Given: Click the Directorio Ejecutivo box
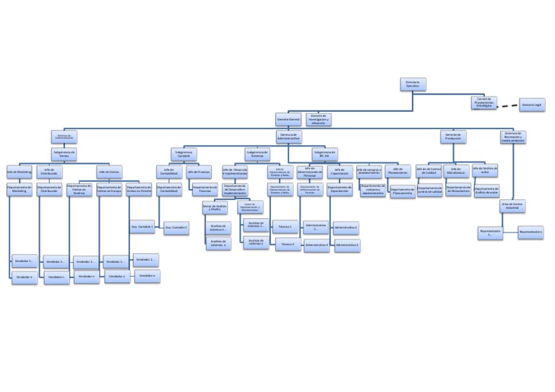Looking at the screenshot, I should click(413, 84).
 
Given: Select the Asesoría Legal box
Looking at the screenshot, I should click(532, 105).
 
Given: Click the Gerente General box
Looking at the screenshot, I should click(288, 119).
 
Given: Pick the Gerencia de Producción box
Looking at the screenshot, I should click(453, 136).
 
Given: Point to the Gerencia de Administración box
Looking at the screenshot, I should click(288, 136).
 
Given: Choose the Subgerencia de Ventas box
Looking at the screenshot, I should click(64, 154).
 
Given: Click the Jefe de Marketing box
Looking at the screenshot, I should click(20, 172).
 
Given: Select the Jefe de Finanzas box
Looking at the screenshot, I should click(199, 172).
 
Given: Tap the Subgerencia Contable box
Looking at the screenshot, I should click(184, 154).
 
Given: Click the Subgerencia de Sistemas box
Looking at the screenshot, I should click(257, 154).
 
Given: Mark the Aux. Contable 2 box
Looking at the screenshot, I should click(176, 228).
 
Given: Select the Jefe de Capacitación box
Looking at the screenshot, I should click(340, 173).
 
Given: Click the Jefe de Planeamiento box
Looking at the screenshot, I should click(397, 172).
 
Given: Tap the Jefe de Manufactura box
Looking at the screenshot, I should click(455, 171).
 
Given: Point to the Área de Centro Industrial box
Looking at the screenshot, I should click(512, 205).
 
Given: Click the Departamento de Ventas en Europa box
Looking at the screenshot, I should click(109, 189).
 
